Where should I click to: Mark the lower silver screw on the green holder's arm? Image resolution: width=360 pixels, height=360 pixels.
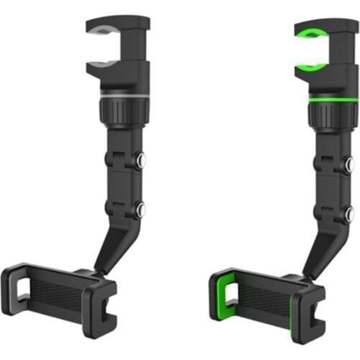coord(348,212)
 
